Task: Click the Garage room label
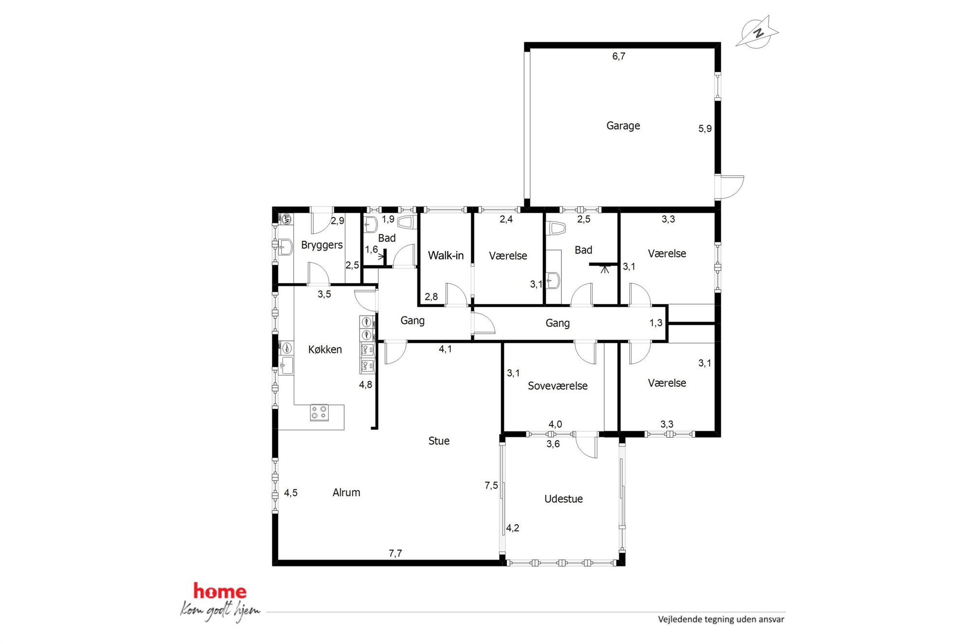(623, 126)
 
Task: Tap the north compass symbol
(757, 32)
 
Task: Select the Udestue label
(563, 499)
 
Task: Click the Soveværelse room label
(557, 386)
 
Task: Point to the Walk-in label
(446, 256)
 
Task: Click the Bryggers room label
(322, 245)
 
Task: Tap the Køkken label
(325, 350)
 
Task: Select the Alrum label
(346, 493)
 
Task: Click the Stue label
(439, 441)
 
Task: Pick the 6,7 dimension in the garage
(619, 56)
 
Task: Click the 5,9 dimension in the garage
(705, 129)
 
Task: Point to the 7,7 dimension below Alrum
(395, 553)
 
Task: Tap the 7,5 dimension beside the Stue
(491, 486)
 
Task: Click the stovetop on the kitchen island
(319, 413)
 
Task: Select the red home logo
(220, 591)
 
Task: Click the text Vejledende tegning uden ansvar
(721, 620)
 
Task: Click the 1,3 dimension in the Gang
(656, 323)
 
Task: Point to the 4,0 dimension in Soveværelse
(555, 424)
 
